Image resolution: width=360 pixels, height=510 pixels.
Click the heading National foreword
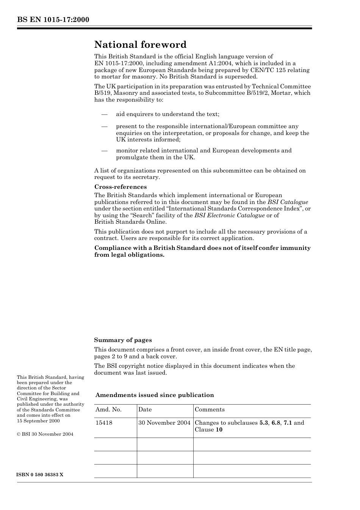(140, 45)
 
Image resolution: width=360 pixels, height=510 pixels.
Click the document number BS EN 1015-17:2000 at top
(53, 20)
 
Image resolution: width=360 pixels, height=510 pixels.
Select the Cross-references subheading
(120, 187)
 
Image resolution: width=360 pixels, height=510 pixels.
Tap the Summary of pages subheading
(123, 340)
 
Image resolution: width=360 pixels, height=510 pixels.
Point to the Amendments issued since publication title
(155, 395)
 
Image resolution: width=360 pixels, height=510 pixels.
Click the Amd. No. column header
(108, 410)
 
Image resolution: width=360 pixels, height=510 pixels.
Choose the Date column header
(145, 410)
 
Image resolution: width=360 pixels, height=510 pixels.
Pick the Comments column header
(210, 410)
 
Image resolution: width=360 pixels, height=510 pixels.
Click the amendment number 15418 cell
(104, 423)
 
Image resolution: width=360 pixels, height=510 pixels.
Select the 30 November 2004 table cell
(164, 423)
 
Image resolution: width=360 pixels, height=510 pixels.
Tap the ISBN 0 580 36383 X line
(40, 475)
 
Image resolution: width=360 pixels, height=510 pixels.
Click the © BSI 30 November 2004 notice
(45, 434)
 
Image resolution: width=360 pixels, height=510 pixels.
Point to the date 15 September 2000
(38, 421)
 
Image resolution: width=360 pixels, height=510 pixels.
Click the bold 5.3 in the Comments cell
(264, 423)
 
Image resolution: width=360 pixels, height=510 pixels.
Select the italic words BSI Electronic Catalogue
(230, 215)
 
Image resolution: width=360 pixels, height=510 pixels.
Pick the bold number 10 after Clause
(219, 430)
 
